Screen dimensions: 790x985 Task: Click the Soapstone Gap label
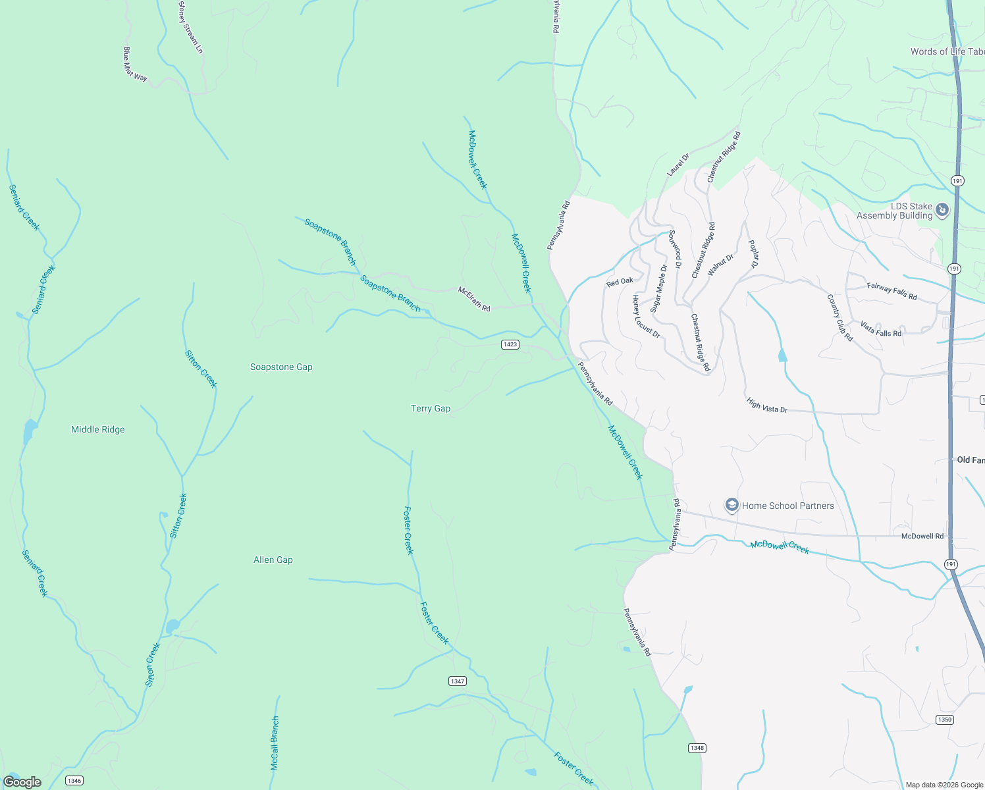click(x=281, y=367)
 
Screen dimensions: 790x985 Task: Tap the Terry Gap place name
click(x=431, y=409)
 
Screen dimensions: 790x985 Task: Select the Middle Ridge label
click(x=97, y=430)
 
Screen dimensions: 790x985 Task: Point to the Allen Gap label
click(x=273, y=560)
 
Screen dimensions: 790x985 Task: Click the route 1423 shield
click(x=510, y=344)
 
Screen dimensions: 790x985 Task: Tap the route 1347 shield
click(x=458, y=681)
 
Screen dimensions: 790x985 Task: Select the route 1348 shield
click(x=697, y=748)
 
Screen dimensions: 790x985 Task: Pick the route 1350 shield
click(x=945, y=720)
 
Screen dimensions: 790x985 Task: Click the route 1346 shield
click(x=74, y=781)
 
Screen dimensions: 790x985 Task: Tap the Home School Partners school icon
click(x=732, y=505)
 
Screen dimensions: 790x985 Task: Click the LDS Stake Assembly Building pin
click(x=942, y=211)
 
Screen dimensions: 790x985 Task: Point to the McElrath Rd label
click(x=474, y=299)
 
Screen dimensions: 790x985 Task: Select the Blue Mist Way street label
click(x=135, y=64)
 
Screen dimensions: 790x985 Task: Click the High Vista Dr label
click(x=767, y=405)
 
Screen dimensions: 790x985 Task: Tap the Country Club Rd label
click(x=839, y=317)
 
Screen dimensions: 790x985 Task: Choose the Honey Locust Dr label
click(x=646, y=317)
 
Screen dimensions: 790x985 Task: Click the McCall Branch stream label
click(x=275, y=743)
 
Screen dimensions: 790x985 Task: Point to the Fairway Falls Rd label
click(x=892, y=290)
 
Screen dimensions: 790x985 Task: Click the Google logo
click(x=22, y=782)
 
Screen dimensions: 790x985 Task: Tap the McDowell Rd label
click(x=922, y=537)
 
